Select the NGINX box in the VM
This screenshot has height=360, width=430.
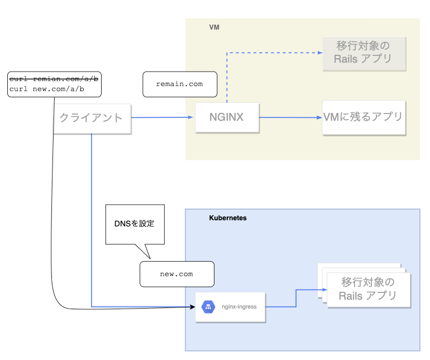coord(227,117)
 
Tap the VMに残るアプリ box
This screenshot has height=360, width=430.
coord(364,117)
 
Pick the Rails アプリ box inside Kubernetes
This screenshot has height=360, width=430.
coord(368,290)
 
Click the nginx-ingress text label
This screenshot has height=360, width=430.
coord(238,307)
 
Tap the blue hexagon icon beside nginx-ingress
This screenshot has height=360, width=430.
coord(208,307)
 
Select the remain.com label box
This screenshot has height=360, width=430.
coord(179,84)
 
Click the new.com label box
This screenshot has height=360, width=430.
coord(176,274)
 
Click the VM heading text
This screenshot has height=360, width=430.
coord(214,27)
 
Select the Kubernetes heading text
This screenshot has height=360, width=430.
coord(227,218)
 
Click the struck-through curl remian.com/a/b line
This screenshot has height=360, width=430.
coord(54,79)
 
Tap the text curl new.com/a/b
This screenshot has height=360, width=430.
coord(47,89)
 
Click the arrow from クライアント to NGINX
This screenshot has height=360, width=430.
coord(162,117)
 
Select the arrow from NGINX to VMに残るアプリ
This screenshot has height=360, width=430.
coord(290,117)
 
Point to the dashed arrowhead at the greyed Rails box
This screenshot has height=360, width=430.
coord(320,53)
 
